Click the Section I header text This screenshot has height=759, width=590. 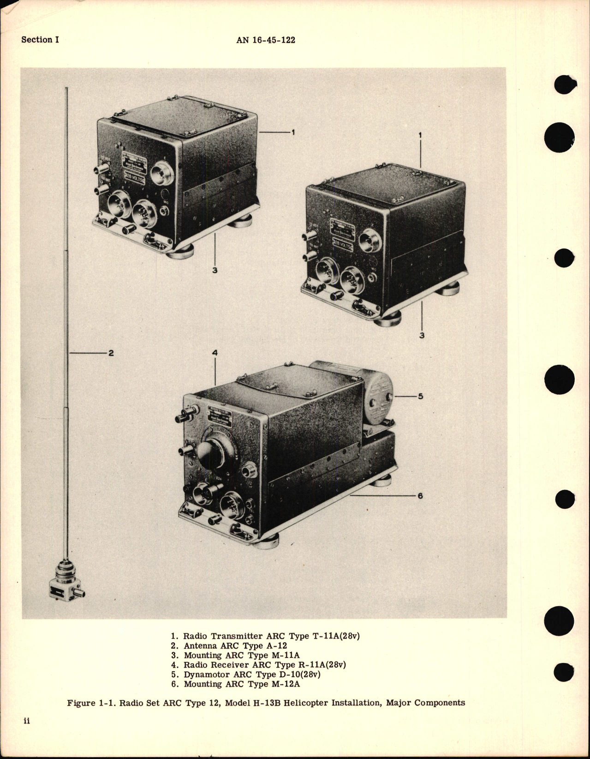coord(40,40)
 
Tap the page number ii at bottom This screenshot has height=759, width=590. coord(26,734)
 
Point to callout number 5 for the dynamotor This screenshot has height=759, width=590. coord(420,396)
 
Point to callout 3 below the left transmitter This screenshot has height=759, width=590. coord(215,271)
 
